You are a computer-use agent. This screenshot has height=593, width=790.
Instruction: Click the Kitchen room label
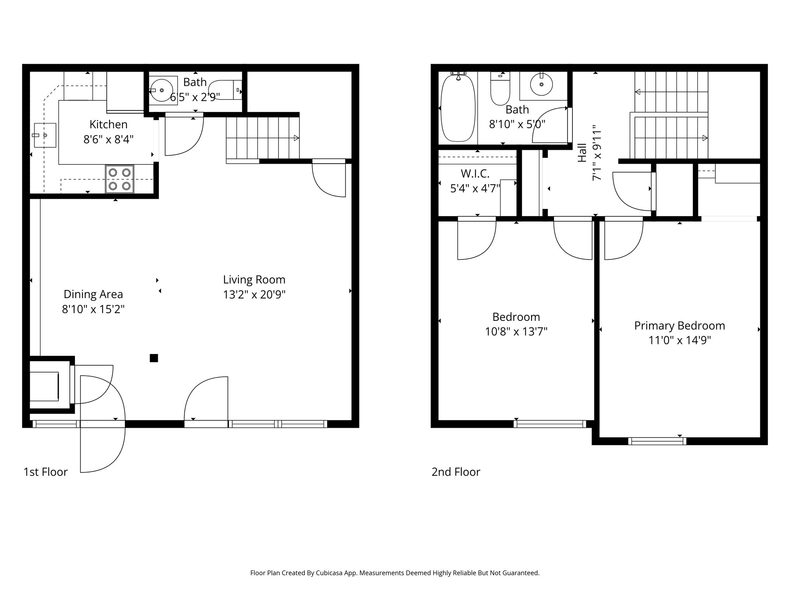tap(108, 124)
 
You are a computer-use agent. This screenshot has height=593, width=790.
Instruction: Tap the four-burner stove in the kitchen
tap(120, 179)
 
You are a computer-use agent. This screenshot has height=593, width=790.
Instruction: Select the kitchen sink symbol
tap(45, 135)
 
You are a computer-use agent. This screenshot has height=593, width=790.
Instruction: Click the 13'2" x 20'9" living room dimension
tap(254, 295)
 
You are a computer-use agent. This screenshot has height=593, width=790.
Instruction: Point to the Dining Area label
tap(93, 294)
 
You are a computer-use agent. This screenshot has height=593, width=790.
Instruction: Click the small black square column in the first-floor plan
tap(154, 358)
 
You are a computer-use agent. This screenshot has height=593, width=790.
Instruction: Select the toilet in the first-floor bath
tap(226, 90)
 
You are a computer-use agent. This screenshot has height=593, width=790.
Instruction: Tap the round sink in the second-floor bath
tap(541, 84)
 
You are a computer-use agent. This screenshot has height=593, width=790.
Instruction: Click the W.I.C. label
tap(475, 174)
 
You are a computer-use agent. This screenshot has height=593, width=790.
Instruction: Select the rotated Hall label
tap(582, 152)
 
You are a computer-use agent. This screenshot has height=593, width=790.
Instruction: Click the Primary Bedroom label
tap(679, 326)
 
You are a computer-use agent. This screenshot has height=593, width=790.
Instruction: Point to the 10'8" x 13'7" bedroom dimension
tap(516, 332)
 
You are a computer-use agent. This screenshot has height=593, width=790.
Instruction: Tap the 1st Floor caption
tap(46, 472)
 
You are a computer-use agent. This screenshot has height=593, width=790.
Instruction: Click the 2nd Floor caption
tap(456, 472)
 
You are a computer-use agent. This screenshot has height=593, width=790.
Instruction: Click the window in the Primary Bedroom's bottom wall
tap(657, 441)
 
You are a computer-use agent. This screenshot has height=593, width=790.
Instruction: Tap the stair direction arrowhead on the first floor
tap(296, 138)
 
